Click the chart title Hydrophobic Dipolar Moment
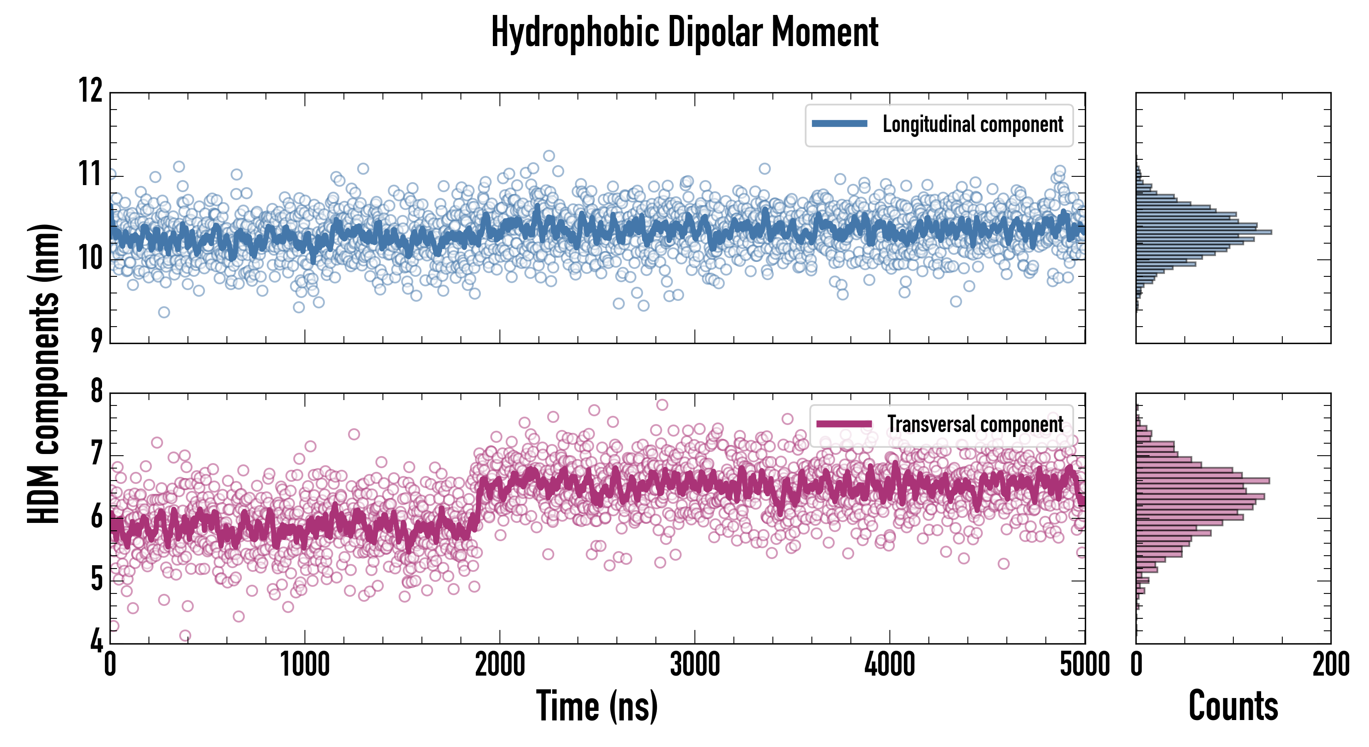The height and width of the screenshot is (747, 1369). point(684,33)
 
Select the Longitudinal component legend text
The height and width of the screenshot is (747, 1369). point(972,124)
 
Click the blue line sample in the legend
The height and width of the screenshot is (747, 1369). point(839,124)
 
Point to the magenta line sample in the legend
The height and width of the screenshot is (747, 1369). point(844,424)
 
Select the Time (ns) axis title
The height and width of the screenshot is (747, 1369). point(597,706)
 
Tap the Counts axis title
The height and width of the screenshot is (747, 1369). point(1233,706)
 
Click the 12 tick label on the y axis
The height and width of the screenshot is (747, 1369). point(91,91)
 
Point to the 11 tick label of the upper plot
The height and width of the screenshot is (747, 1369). point(91,175)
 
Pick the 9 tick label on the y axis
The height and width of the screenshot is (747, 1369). point(96,341)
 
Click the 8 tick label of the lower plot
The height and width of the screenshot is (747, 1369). point(96,392)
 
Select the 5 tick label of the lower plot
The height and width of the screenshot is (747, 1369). point(96,579)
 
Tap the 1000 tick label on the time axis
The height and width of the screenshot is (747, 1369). point(304,664)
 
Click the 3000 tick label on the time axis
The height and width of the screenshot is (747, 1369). point(694,664)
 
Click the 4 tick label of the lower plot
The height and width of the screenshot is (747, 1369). point(96,641)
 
